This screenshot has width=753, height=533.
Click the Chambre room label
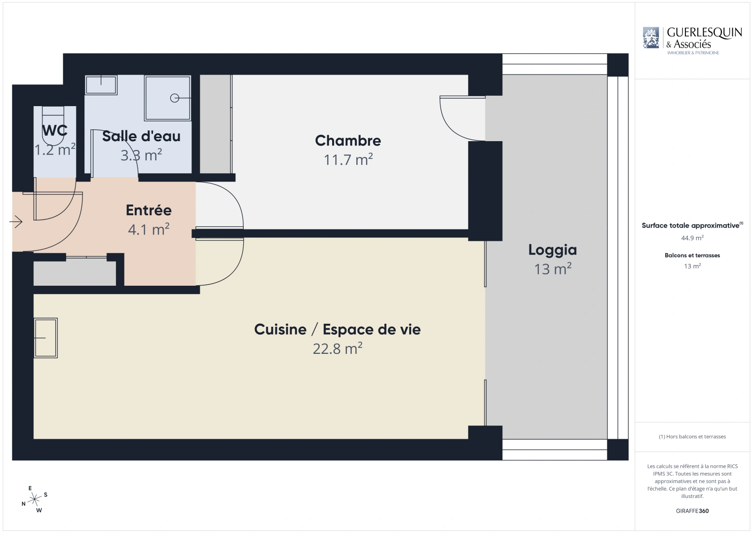click(348, 141)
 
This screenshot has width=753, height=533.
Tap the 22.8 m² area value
click(338, 349)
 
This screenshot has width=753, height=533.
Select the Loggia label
click(552, 250)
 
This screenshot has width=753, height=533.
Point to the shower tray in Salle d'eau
click(168, 98)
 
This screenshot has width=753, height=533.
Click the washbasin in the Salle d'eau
click(101, 85)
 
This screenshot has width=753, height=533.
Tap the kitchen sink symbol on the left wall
click(46, 338)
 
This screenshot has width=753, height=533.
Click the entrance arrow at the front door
click(16, 222)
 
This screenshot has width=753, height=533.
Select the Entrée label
click(149, 210)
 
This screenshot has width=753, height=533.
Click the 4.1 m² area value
click(149, 229)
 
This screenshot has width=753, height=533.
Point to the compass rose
click(34, 499)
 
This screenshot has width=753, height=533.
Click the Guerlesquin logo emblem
click(651, 38)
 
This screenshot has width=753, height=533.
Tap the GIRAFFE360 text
click(692, 511)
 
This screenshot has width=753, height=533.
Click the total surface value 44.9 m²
click(692, 238)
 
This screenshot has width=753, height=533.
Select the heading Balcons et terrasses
click(692, 255)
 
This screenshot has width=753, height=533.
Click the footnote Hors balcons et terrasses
click(692, 437)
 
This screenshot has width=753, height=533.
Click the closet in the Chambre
click(216, 124)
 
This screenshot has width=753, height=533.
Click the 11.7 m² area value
click(348, 160)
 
